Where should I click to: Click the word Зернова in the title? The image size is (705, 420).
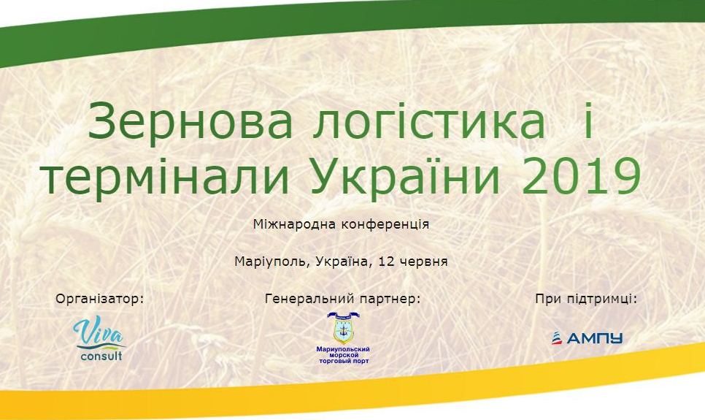click(x=190, y=121)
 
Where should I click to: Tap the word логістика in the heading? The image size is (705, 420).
click(x=429, y=121)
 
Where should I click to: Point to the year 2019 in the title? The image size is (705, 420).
click(x=582, y=175)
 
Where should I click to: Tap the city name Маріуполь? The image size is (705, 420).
click(x=272, y=261)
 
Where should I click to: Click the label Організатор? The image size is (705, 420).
click(x=100, y=299)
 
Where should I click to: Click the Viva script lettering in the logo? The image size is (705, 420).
click(x=98, y=332)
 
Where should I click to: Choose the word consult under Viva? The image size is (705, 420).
click(x=101, y=356)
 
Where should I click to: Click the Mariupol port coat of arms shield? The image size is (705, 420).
click(x=343, y=329)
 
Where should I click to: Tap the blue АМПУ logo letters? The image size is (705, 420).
click(x=594, y=338)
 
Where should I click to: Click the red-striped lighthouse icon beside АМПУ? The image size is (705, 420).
click(x=557, y=338)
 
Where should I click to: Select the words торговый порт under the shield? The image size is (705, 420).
click(x=344, y=361)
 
